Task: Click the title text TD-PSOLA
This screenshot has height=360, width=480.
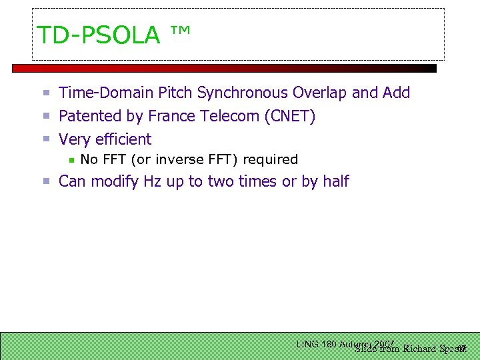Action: pos(99,35)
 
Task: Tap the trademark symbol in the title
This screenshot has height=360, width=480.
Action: pos(181,32)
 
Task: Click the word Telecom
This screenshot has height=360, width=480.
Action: pos(229,116)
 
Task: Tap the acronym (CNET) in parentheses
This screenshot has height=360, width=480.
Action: pos(290,116)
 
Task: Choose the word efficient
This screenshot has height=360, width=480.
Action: pos(124,139)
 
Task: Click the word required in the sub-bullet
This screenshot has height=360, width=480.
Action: pos(270,159)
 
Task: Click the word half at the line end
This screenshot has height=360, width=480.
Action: pos(336,181)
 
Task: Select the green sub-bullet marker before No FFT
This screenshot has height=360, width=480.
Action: pos(72,160)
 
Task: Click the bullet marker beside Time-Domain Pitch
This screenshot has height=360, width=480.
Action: pos(47,93)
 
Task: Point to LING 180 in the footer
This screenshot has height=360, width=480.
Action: pos(316,344)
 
